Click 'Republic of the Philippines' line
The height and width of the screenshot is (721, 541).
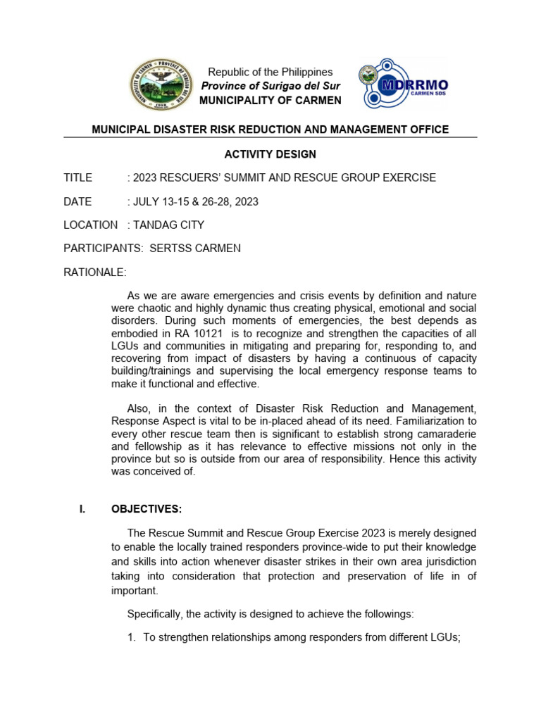(270, 72)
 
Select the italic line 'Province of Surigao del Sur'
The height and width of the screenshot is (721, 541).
(270, 86)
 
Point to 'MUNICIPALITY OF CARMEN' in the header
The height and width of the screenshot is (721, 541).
(270, 100)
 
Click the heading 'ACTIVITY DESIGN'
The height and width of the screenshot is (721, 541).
(270, 154)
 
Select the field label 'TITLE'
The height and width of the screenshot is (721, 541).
(77, 177)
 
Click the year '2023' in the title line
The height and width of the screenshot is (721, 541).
(145, 177)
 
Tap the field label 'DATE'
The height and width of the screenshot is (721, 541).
(77, 201)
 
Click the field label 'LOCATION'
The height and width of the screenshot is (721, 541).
(90, 225)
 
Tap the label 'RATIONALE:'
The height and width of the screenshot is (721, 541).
(95, 272)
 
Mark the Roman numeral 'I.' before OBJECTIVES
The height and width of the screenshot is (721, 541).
(81, 509)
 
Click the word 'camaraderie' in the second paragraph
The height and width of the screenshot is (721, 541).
(444, 434)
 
